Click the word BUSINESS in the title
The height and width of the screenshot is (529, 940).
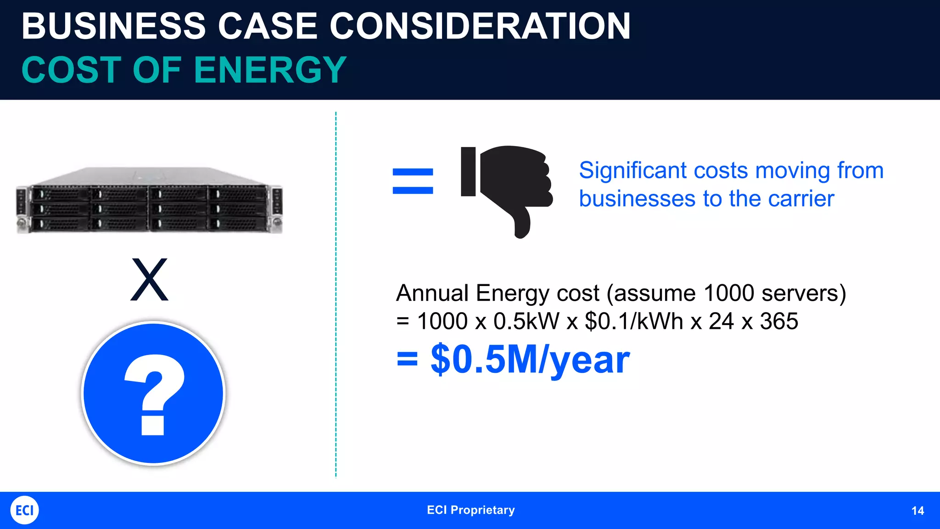pyautogui.click(x=113, y=26)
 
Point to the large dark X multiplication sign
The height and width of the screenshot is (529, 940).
pyautogui.click(x=149, y=279)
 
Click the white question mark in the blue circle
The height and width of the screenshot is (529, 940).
pyautogui.click(x=154, y=394)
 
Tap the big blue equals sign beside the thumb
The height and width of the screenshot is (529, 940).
pyautogui.click(x=413, y=181)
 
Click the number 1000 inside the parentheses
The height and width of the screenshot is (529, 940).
pyautogui.click(x=728, y=293)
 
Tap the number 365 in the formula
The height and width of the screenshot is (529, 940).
pyautogui.click(x=779, y=321)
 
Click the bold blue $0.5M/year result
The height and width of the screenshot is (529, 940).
pyautogui.click(x=530, y=360)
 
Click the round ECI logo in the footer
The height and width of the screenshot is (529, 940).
pyautogui.click(x=24, y=510)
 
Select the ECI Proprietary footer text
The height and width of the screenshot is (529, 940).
pyautogui.click(x=470, y=510)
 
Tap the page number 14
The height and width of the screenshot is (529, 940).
pyautogui.click(x=918, y=511)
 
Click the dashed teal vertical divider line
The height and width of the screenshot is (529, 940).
pyautogui.click(x=336, y=294)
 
